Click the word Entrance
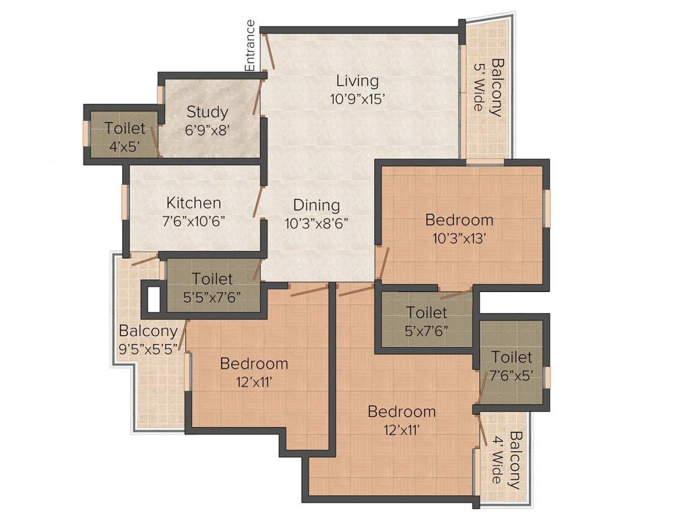250,45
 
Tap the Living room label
357,82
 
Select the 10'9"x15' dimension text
357,98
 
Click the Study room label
207,112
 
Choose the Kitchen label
193,203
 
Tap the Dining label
316,206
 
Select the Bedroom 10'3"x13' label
459,220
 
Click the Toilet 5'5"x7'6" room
212,286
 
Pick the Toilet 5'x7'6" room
427,321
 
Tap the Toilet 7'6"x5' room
511,365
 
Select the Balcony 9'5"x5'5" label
148,339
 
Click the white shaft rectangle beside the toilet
154,299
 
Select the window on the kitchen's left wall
125,201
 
